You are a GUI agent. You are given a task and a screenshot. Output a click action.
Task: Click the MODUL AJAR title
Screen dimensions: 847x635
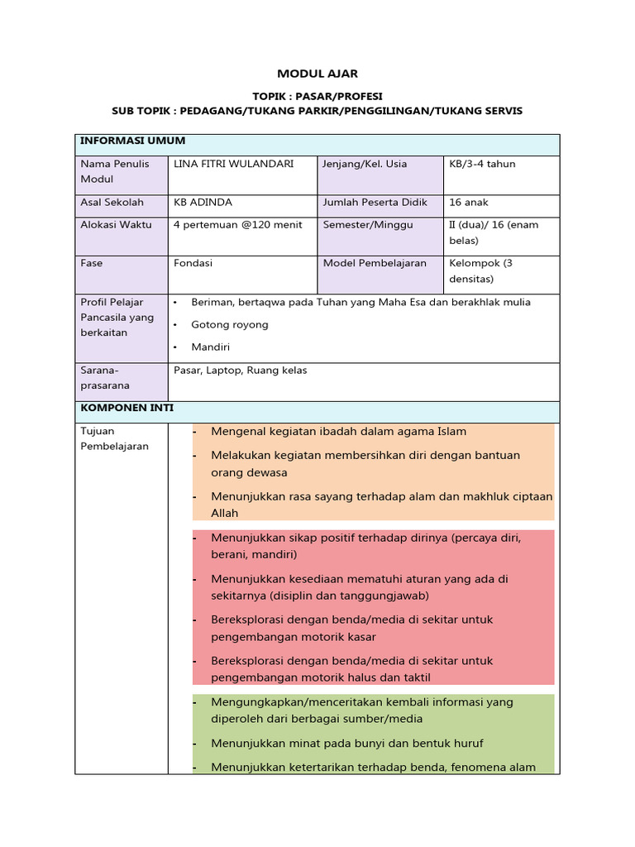coord(317,74)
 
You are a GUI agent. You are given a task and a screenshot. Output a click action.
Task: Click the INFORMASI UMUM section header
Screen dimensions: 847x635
coord(132,141)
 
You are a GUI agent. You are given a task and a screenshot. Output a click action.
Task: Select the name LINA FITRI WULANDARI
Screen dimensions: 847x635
coord(233,164)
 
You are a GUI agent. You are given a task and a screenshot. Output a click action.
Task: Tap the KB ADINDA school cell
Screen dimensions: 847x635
coord(203,203)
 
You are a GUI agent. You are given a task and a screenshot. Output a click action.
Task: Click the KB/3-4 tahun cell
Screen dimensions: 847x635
coord(482,164)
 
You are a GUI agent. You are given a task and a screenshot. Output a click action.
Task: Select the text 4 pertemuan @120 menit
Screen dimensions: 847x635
coord(237,225)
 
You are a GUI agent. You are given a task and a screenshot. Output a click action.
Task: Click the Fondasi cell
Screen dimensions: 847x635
coord(193,263)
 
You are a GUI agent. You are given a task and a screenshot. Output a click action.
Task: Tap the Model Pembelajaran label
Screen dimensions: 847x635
coord(375,263)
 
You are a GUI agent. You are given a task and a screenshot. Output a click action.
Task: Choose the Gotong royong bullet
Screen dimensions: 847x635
coord(229,325)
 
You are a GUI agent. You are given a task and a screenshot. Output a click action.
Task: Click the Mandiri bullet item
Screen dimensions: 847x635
coord(210,347)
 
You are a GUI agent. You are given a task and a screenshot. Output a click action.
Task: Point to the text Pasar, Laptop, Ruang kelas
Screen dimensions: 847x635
coord(240,371)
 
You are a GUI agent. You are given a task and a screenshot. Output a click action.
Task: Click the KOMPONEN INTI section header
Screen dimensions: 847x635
coord(127,409)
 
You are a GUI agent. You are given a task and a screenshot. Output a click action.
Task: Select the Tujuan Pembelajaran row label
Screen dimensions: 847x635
coord(114,438)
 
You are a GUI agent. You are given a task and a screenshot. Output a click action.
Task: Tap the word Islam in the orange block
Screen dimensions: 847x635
coord(451,432)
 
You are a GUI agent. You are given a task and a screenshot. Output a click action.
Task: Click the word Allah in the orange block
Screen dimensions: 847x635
coord(224,514)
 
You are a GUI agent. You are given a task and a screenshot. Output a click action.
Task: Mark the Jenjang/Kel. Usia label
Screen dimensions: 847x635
coord(365,164)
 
